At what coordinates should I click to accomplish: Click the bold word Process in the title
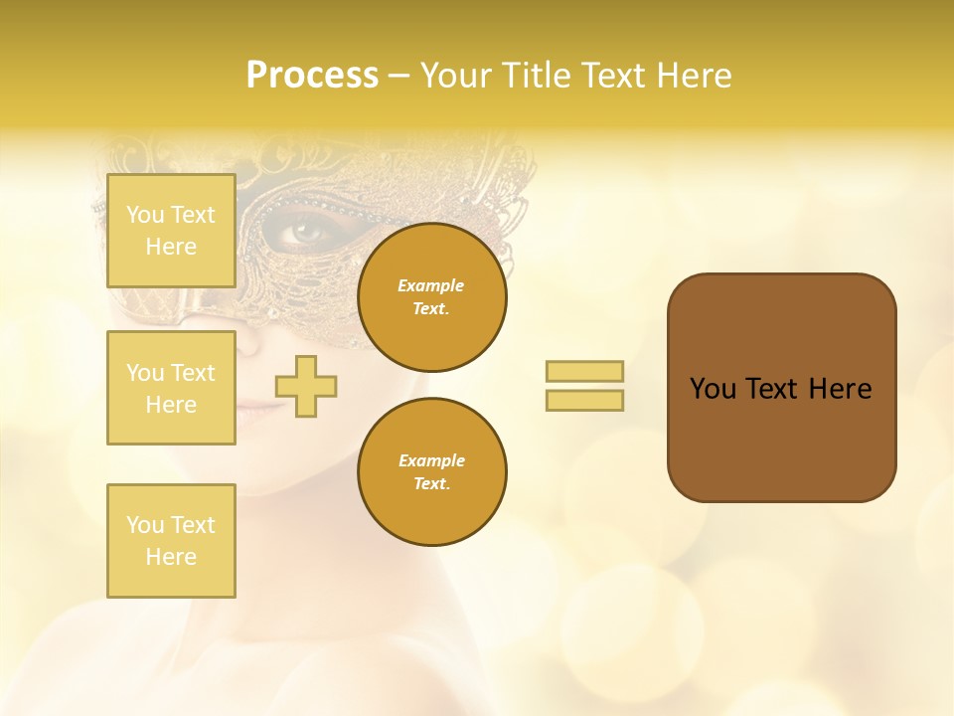(312, 76)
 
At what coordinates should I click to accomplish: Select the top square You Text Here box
(171, 231)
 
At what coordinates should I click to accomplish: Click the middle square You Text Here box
(171, 388)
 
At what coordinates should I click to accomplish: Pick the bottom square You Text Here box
(171, 540)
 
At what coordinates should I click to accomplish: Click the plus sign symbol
(306, 386)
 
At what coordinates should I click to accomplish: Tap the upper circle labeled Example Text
(432, 297)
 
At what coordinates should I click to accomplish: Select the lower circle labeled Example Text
(432, 472)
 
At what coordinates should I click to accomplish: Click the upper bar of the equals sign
(584, 371)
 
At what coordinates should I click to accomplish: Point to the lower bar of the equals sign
(584, 400)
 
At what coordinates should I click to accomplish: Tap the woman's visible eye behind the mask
(309, 234)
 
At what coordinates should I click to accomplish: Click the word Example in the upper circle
(431, 285)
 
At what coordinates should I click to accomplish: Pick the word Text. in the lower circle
(431, 484)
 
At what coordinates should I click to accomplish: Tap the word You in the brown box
(714, 389)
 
